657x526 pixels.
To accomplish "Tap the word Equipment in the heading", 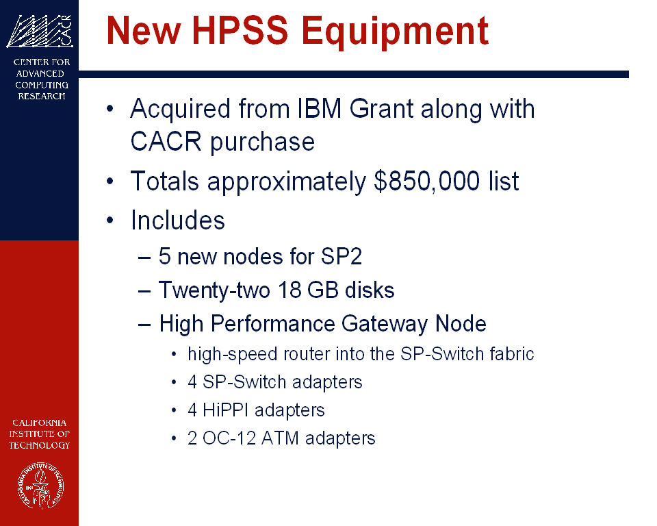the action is (395, 32).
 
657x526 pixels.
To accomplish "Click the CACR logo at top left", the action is (40, 31).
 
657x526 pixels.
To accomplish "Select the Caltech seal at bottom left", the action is (40, 486).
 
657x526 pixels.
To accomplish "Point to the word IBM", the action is (320, 109).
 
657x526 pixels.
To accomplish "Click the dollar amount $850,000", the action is (426, 181).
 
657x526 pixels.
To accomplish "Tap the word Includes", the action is (178, 220).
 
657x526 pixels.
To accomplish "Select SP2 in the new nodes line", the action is (341, 256).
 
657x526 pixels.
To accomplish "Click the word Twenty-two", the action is (214, 290).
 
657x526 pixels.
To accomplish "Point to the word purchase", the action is (262, 142).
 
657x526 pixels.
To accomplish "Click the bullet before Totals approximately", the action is (109, 181).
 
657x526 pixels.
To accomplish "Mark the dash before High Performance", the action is (144, 325).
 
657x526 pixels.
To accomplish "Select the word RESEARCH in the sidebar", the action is (42, 96).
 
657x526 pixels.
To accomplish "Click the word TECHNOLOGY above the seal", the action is (40, 445).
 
